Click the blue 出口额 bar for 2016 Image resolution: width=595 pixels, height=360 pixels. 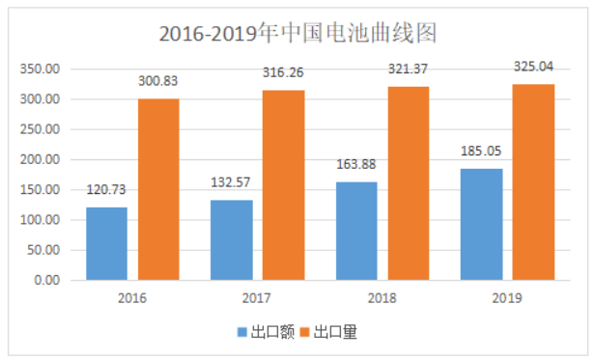[x=106, y=243]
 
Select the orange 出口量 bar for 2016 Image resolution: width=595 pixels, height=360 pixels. [x=158, y=189]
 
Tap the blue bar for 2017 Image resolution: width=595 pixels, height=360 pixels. [x=231, y=239]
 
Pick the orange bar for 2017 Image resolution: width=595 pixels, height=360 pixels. [x=283, y=184]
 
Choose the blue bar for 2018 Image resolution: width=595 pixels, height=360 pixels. [x=356, y=231]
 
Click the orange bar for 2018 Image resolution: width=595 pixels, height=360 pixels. [x=409, y=183]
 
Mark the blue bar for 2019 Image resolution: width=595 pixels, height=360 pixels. [x=481, y=224]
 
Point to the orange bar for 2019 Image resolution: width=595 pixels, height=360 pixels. [x=533, y=181]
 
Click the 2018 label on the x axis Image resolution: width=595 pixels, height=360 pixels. [x=382, y=298]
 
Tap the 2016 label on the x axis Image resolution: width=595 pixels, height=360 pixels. [x=132, y=298]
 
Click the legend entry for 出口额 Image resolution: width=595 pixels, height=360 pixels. [x=267, y=332]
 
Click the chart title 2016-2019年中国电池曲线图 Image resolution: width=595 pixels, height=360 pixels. [x=297, y=33]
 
